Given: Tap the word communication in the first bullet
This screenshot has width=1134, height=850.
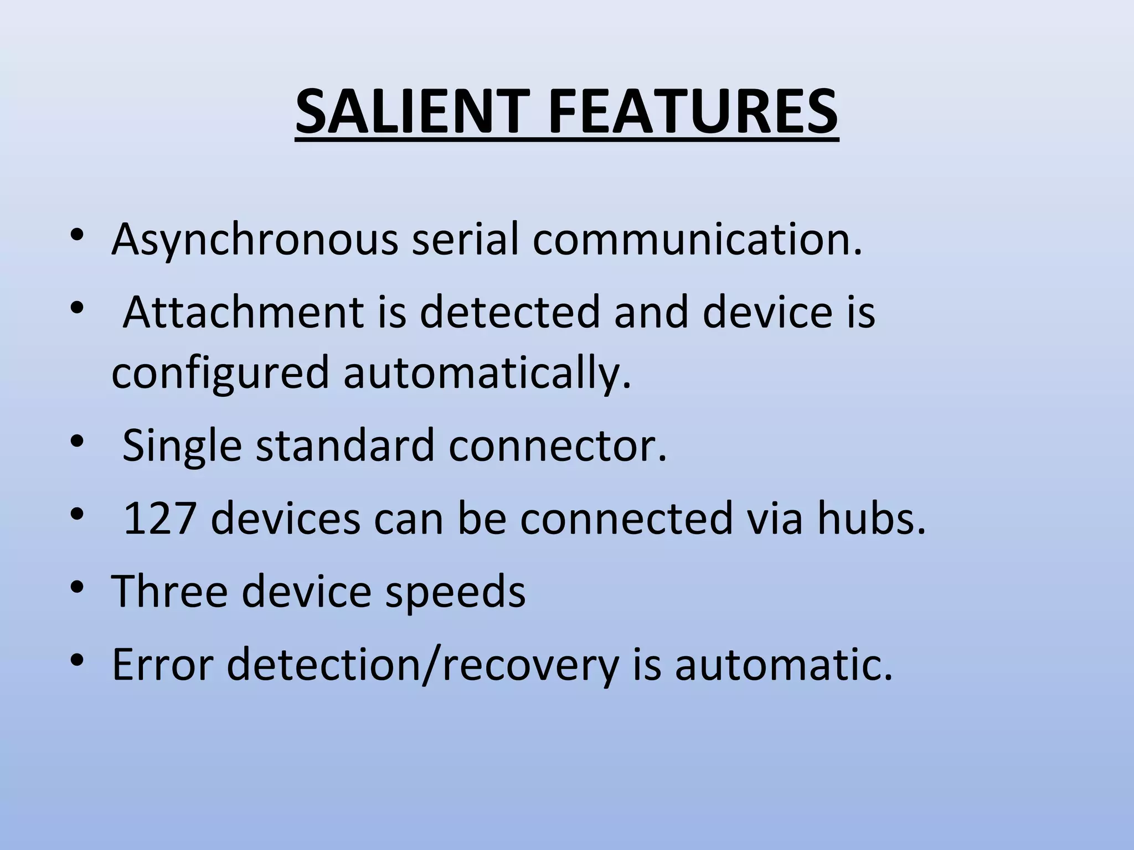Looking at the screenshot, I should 697,240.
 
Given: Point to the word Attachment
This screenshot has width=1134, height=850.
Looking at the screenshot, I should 243,312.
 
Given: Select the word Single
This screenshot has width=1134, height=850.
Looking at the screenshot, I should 182,445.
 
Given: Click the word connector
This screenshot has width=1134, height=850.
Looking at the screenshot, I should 558,445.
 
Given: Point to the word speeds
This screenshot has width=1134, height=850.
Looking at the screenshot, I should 455,591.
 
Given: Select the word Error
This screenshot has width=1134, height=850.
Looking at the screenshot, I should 162,664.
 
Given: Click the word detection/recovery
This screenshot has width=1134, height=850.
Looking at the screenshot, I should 422,664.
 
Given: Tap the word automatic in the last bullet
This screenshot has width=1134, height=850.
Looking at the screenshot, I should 783,664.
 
